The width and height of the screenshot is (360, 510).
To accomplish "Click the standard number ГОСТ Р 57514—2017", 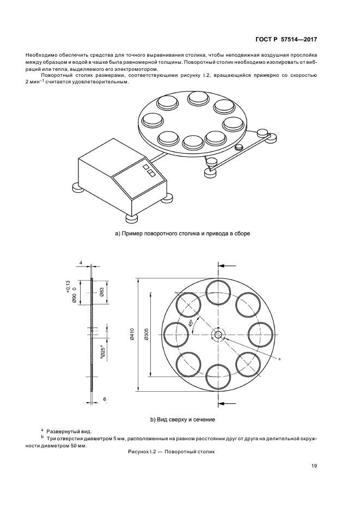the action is tap(286, 39).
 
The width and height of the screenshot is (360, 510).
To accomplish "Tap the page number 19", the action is tap(314, 466).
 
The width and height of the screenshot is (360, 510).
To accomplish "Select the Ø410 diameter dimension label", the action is tap(132, 335).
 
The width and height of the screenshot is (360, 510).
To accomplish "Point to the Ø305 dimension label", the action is tap(147, 335).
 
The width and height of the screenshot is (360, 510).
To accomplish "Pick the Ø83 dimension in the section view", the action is tap(101, 292).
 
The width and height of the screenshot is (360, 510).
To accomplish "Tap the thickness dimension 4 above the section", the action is tap(81, 263).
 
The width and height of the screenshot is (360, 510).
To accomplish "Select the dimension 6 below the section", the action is tap(105, 399).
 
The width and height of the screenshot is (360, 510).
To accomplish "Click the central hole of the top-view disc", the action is tap(218, 335).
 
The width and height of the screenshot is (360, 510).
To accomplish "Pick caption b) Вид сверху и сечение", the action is tap(182, 420).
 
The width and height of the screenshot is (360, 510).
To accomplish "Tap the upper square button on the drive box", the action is tap(145, 167).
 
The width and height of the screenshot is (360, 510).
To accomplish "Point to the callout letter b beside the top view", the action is tap(279, 359).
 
